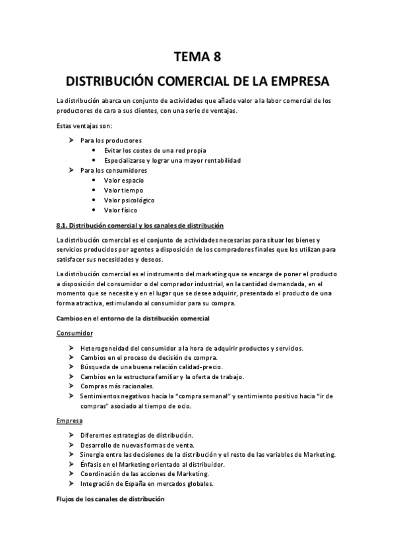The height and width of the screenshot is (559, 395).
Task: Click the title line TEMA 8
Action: (x=197, y=57)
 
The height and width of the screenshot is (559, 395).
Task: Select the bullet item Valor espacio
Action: (x=124, y=180)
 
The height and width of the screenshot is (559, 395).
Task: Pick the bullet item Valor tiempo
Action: (x=123, y=190)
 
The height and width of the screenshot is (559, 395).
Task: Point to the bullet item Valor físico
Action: (x=121, y=210)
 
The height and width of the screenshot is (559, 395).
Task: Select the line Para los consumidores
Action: (x=113, y=170)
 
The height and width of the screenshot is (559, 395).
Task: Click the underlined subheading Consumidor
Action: (x=75, y=334)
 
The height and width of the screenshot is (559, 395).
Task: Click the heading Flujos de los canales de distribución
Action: (x=110, y=499)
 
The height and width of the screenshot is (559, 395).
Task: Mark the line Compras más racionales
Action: (x=117, y=386)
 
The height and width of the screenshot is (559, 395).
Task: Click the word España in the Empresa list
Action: (x=146, y=484)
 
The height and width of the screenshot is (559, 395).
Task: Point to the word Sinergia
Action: (x=94, y=455)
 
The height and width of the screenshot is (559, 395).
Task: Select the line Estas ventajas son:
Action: (x=85, y=126)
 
